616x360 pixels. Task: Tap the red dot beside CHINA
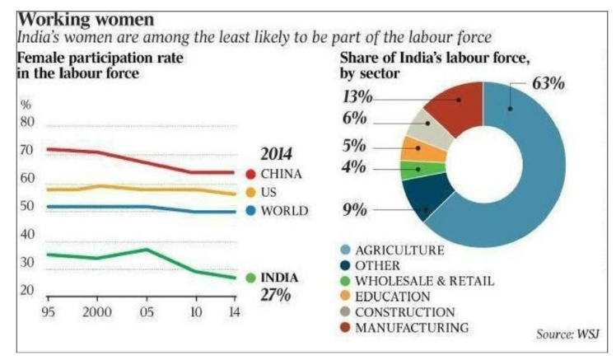point(250,174)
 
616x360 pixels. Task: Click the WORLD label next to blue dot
point(284,211)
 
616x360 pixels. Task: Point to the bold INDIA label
point(279,277)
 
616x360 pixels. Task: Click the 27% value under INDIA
point(276,294)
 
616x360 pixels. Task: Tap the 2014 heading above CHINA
point(278,154)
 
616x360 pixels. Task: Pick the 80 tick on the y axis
point(26,123)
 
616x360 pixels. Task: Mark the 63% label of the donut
point(548,84)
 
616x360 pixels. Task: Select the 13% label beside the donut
point(357,97)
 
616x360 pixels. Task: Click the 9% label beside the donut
point(354,209)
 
